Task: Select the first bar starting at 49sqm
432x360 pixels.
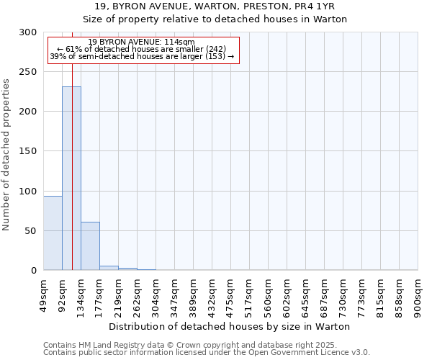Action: (x=53, y=233)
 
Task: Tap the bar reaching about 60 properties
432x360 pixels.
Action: (x=90, y=246)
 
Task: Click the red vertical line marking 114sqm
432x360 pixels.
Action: (x=73, y=144)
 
